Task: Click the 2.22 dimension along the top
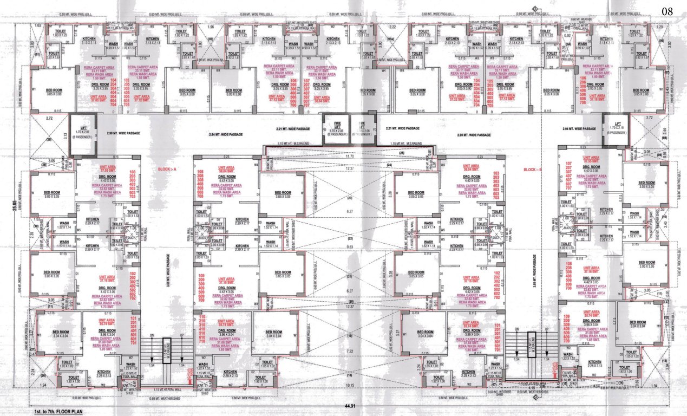[x=392, y=27]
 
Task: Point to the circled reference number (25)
[x=402, y=154]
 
